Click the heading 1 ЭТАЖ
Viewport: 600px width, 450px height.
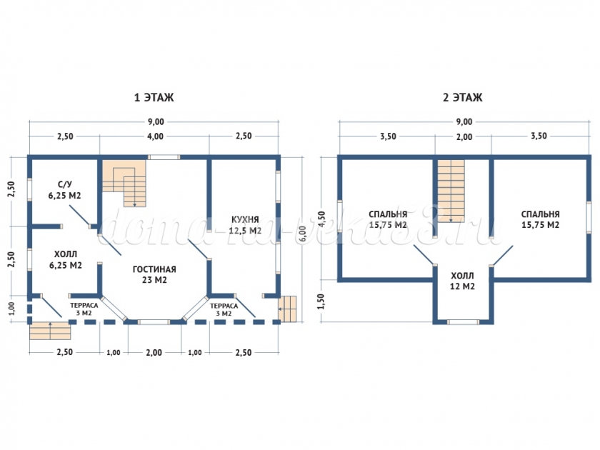tap(154, 98)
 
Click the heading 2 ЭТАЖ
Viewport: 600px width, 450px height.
tap(463, 98)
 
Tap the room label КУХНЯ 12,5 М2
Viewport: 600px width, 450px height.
tap(245, 225)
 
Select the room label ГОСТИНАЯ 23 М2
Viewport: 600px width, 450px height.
tap(154, 274)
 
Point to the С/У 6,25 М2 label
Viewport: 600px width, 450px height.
tap(65, 190)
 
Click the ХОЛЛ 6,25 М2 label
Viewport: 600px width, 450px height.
tap(66, 259)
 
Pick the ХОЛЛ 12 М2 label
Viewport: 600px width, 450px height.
tap(462, 281)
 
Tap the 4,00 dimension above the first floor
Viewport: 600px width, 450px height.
tap(155, 136)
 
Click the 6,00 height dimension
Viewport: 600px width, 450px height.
tap(302, 234)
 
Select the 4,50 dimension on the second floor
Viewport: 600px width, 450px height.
tap(321, 219)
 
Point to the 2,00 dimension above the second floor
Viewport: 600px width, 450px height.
tap(464, 136)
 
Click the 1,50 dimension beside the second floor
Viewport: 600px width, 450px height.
tap(321, 301)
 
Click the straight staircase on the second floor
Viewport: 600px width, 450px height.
tap(451, 191)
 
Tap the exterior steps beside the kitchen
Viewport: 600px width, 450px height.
tap(287, 309)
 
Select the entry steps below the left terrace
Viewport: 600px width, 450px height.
tap(50, 331)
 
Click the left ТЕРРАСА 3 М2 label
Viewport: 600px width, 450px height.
tap(84, 309)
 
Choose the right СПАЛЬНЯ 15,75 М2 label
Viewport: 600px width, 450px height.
tap(540, 220)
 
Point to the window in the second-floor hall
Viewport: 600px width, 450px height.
tap(463, 322)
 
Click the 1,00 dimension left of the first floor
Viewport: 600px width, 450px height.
tap(11, 309)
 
